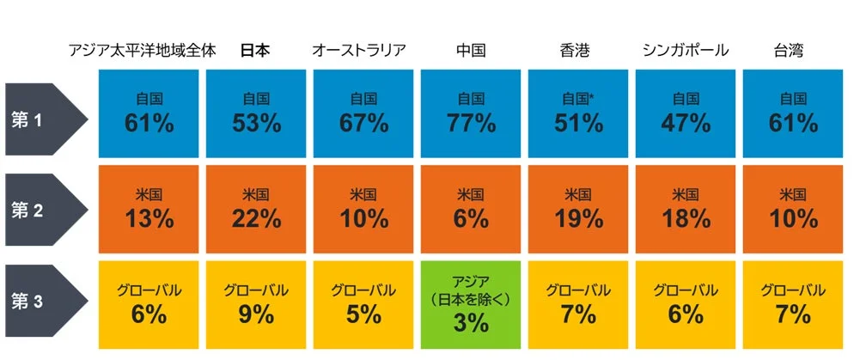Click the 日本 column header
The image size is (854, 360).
[255, 50]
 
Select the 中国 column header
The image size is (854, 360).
[471, 50]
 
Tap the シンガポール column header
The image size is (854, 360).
[685, 50]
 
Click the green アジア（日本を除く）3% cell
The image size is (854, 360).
[471, 305]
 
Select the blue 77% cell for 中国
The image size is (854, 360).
[471, 113]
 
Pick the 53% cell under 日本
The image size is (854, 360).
[256, 113]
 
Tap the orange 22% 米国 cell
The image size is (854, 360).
[256, 209]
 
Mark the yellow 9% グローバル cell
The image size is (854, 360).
[256, 305]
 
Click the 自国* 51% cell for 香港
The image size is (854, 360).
[578, 113]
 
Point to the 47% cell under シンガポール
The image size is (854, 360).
[686, 113]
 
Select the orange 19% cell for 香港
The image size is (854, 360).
[578, 209]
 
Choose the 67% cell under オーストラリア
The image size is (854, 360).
[363, 113]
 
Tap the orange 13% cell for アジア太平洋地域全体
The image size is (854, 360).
[149, 209]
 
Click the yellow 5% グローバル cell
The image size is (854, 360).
[363, 305]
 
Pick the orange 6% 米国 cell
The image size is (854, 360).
[471, 209]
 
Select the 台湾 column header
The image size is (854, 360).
[790, 50]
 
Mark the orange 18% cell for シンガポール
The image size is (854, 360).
[686, 209]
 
